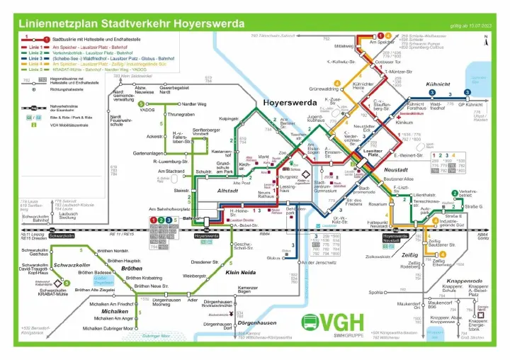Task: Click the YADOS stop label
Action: click(x=147, y=111)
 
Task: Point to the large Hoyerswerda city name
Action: click(x=290, y=103)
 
